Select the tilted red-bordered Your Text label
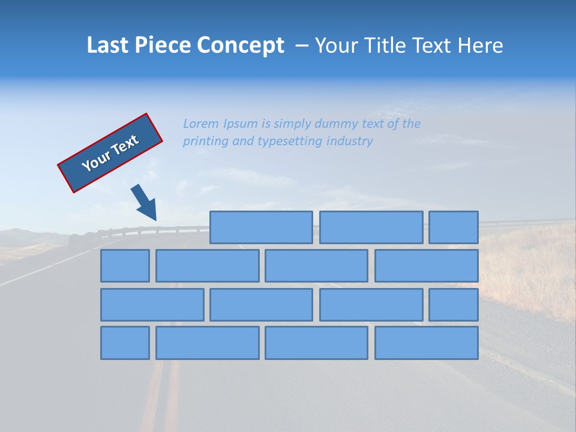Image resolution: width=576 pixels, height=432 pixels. (110, 153)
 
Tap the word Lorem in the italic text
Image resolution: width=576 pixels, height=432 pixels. (201, 124)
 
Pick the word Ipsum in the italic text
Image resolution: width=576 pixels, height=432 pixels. (241, 124)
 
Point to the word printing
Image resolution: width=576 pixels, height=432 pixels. (204, 142)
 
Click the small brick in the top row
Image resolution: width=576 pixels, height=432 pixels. (454, 227)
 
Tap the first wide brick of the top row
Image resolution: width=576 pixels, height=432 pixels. (261, 227)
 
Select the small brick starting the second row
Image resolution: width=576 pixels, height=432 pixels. (125, 266)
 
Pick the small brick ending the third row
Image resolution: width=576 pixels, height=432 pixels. (454, 305)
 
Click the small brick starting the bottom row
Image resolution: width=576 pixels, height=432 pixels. (125, 343)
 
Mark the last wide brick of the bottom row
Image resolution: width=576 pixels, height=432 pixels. (427, 343)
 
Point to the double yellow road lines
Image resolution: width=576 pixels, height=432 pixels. (163, 396)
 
